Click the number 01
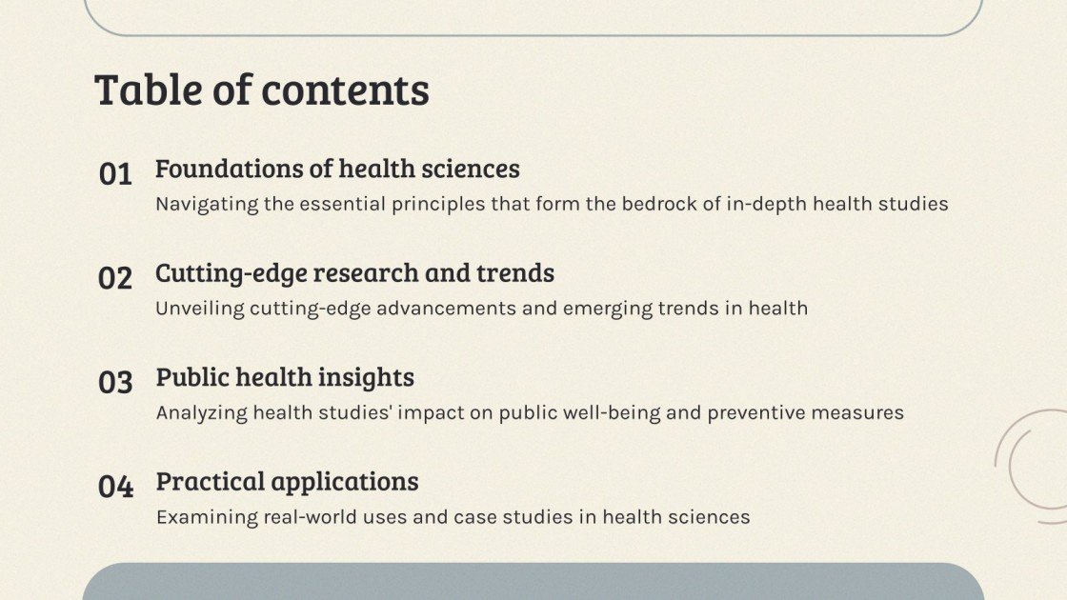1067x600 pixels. tap(115, 174)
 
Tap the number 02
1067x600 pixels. tap(115, 278)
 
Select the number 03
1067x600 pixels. tap(115, 383)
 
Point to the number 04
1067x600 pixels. tap(115, 487)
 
